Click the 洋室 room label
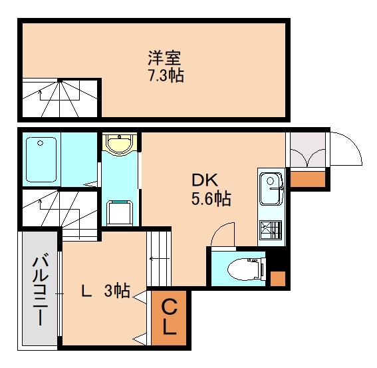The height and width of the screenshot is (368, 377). point(165,58)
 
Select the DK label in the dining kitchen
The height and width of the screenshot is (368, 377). point(205,180)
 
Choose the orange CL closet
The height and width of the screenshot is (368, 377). point(170,317)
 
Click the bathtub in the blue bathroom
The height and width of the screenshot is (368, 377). point(41,159)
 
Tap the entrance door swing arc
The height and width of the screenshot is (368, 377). point(346,150)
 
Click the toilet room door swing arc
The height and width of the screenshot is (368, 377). point(222,234)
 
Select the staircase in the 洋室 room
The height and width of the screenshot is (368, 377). point(59,98)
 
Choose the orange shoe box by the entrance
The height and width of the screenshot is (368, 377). point(307,178)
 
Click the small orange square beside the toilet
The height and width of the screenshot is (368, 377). point(279,279)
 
